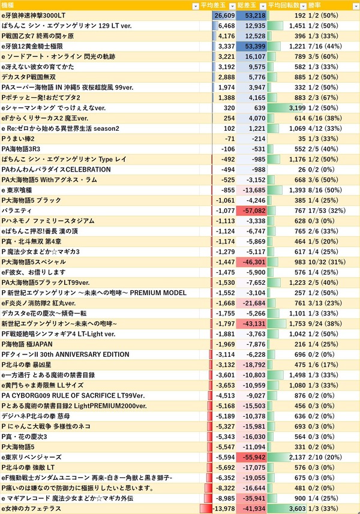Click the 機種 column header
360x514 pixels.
point(8,5)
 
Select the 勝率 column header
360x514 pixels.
point(314,5)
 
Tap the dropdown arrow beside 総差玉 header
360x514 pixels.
point(263,6)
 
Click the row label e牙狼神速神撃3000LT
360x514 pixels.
point(34,16)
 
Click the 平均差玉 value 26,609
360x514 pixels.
point(224,16)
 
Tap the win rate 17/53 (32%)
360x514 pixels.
point(326,211)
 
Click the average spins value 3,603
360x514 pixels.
point(297,509)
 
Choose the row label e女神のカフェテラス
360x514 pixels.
point(31,509)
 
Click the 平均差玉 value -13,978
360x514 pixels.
point(224,509)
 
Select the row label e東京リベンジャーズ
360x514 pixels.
point(31,457)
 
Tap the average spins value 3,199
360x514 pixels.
point(297,108)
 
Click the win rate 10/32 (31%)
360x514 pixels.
point(326,262)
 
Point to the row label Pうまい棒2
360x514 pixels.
point(18,139)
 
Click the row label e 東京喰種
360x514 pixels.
point(17,190)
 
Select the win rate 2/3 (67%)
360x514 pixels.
point(323,98)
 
